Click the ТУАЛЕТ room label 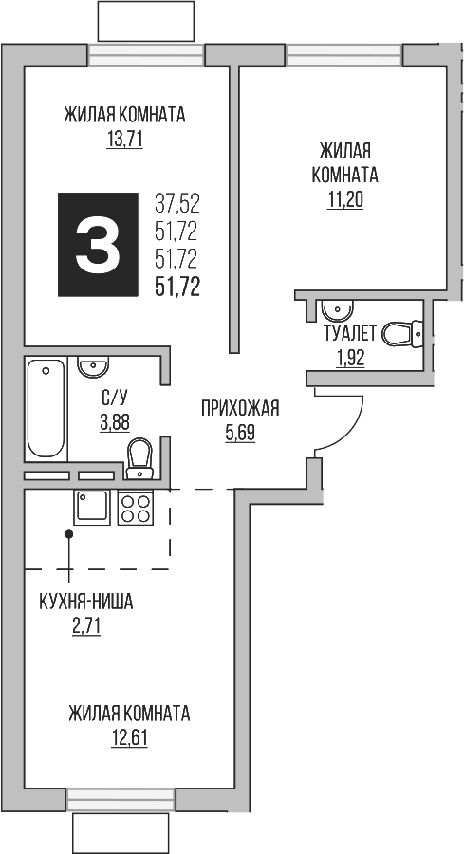point(351,333)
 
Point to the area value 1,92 point(350,358)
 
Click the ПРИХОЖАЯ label point(240,409)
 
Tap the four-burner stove point(136,509)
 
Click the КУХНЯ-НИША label point(85,601)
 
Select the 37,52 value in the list point(176,202)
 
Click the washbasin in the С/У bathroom point(93,366)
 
